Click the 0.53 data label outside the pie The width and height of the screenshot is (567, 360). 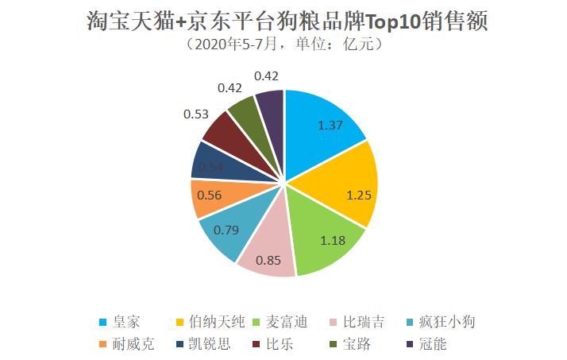(195, 114)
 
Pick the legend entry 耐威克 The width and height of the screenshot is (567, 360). (128, 344)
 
